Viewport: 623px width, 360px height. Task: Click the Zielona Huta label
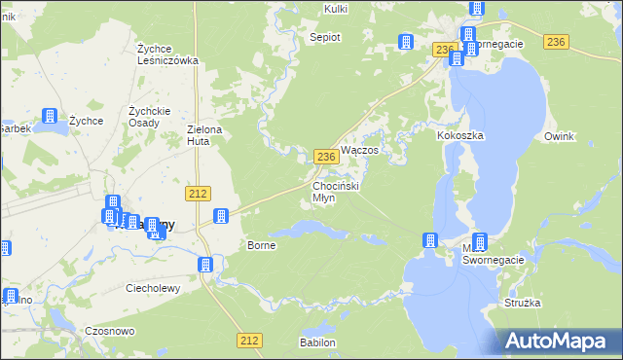tap(205, 135)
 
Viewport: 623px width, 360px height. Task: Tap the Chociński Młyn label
tap(337, 191)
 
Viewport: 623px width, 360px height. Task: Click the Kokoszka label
tap(460, 136)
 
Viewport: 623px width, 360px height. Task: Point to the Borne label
tap(262, 245)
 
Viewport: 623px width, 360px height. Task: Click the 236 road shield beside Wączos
tap(326, 156)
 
